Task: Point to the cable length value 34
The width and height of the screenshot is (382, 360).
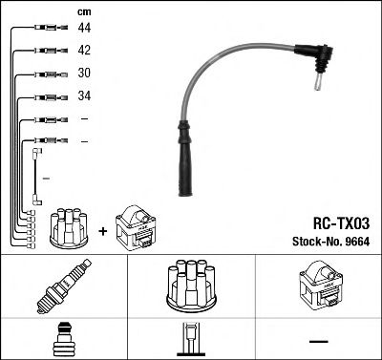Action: pos(84,96)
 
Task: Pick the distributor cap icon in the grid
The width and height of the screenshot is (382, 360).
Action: pos(189,285)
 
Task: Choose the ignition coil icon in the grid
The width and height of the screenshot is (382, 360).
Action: pos(319,286)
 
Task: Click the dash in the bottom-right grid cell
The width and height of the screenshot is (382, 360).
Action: pos(318,341)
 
